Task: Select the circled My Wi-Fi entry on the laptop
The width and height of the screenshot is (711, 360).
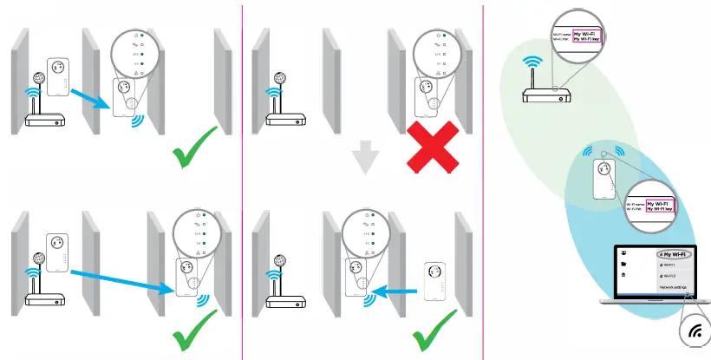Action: point(676,254)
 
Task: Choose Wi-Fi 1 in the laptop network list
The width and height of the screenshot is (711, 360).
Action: point(670,265)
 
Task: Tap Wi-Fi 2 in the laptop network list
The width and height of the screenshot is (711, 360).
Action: point(670,276)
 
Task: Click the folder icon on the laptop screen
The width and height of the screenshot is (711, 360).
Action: point(624,264)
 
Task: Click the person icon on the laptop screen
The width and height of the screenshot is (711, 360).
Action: point(624,252)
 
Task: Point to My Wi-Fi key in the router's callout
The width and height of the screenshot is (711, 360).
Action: point(580,39)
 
